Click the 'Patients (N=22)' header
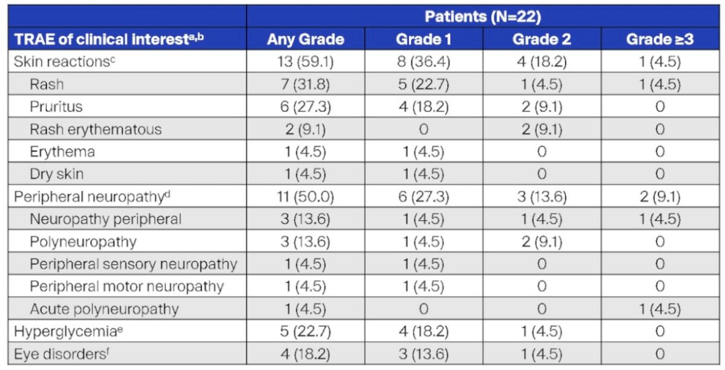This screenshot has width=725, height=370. [x=483, y=17]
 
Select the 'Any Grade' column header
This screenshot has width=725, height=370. [x=306, y=39]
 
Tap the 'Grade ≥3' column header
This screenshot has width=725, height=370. [x=660, y=39]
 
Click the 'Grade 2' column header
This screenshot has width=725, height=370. [x=542, y=39]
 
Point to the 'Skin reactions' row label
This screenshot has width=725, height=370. [x=65, y=62]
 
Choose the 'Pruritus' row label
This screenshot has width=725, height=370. [x=56, y=106]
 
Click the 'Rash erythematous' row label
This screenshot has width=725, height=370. [x=96, y=129]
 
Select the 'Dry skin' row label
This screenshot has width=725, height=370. [x=57, y=174]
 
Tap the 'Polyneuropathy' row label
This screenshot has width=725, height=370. [x=83, y=242]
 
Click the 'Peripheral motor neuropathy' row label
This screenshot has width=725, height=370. [x=127, y=287]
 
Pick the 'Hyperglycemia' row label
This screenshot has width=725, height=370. [x=68, y=331]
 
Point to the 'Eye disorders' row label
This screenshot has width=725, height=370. [x=62, y=354]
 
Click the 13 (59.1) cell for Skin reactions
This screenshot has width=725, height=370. [x=306, y=62]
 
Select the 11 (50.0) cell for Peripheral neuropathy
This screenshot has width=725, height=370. [x=306, y=197]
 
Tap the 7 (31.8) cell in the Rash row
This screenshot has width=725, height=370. [x=306, y=85]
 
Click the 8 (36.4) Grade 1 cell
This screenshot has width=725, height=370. [x=424, y=62]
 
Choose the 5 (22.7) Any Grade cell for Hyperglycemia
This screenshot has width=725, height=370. [x=306, y=331]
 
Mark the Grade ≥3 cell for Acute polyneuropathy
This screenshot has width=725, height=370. [x=660, y=309]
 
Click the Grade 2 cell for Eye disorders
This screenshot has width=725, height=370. [x=542, y=354]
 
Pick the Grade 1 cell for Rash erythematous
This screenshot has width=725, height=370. [x=424, y=129]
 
